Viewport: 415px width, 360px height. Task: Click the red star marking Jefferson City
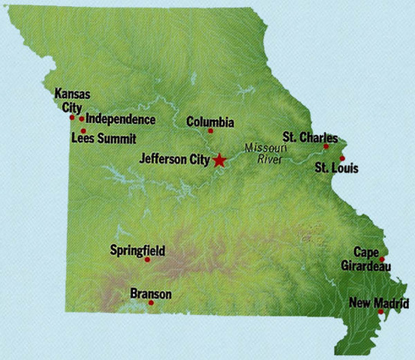(x=219, y=160)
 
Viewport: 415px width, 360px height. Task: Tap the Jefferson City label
(x=175, y=159)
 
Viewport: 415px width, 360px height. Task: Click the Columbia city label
(x=210, y=121)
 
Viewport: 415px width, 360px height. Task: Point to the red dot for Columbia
(x=210, y=131)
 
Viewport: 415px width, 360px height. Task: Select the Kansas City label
(x=73, y=100)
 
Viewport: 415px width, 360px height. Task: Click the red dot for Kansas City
(x=72, y=117)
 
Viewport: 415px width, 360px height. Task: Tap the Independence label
(x=121, y=119)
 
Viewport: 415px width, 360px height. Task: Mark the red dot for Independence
(x=82, y=118)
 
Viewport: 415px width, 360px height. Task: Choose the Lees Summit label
(x=104, y=138)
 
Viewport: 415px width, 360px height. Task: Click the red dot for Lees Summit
(x=83, y=130)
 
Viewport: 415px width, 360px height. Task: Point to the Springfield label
(x=137, y=250)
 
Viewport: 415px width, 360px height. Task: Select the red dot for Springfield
(x=147, y=259)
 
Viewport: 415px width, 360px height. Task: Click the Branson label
(x=151, y=293)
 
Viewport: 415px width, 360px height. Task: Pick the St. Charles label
(x=310, y=137)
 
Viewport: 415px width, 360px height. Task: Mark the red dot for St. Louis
(x=342, y=158)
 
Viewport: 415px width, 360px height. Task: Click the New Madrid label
(x=379, y=303)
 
